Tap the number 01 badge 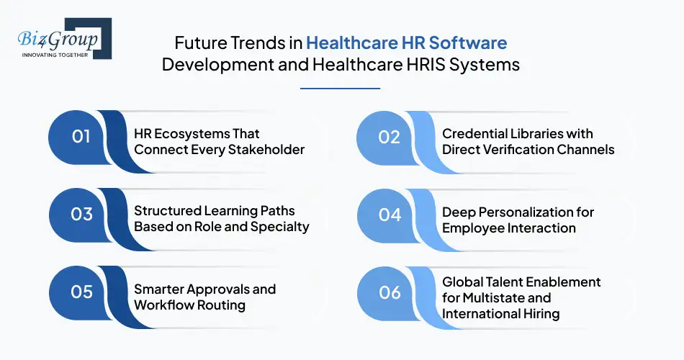coord(81,136)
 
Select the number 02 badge coord(390,136)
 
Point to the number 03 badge coord(81,214)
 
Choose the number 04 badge coord(390,214)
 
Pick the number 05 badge coord(81,292)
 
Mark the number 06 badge coord(390,292)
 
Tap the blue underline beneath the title coord(339,89)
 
